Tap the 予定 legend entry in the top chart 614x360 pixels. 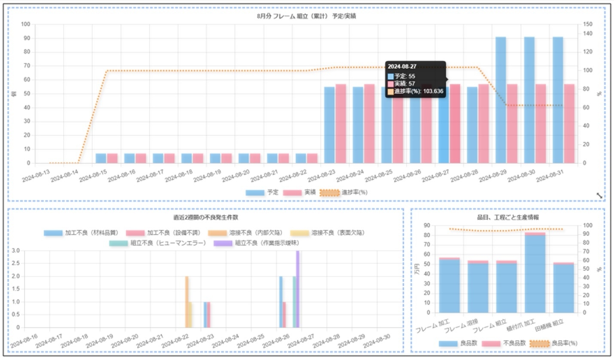tap(261, 192)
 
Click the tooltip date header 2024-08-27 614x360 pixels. tap(402, 67)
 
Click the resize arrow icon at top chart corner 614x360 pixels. tap(599, 195)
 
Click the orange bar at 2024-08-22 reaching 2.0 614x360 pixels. tap(187, 302)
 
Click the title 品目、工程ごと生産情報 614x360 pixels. tap(508, 217)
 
